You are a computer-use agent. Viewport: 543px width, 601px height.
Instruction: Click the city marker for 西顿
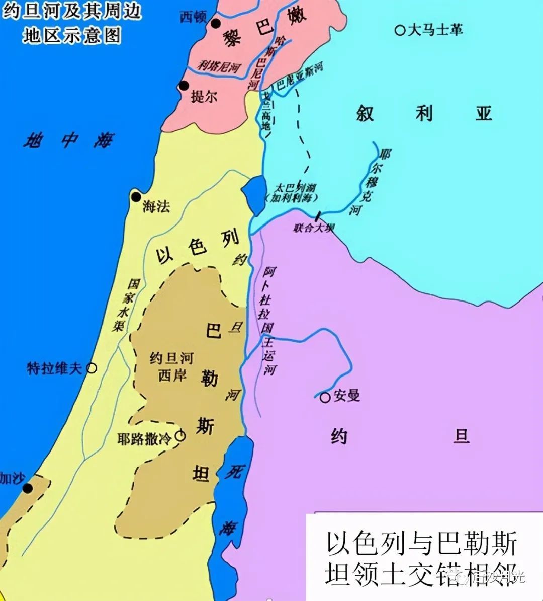(x=216, y=23)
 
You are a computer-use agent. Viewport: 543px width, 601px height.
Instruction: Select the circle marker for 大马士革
(x=400, y=30)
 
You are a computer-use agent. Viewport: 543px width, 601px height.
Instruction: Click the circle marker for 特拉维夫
(x=92, y=368)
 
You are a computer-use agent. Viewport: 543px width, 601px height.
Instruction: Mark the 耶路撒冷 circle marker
(x=179, y=436)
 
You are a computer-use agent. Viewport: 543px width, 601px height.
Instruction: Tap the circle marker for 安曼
(x=325, y=397)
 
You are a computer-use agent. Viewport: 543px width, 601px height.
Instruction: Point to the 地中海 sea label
(x=68, y=141)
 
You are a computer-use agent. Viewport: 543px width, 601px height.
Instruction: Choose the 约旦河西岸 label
(x=172, y=366)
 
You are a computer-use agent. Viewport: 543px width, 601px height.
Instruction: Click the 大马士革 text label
(x=435, y=30)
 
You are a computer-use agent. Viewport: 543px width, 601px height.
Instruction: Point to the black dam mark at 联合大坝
(x=317, y=216)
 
